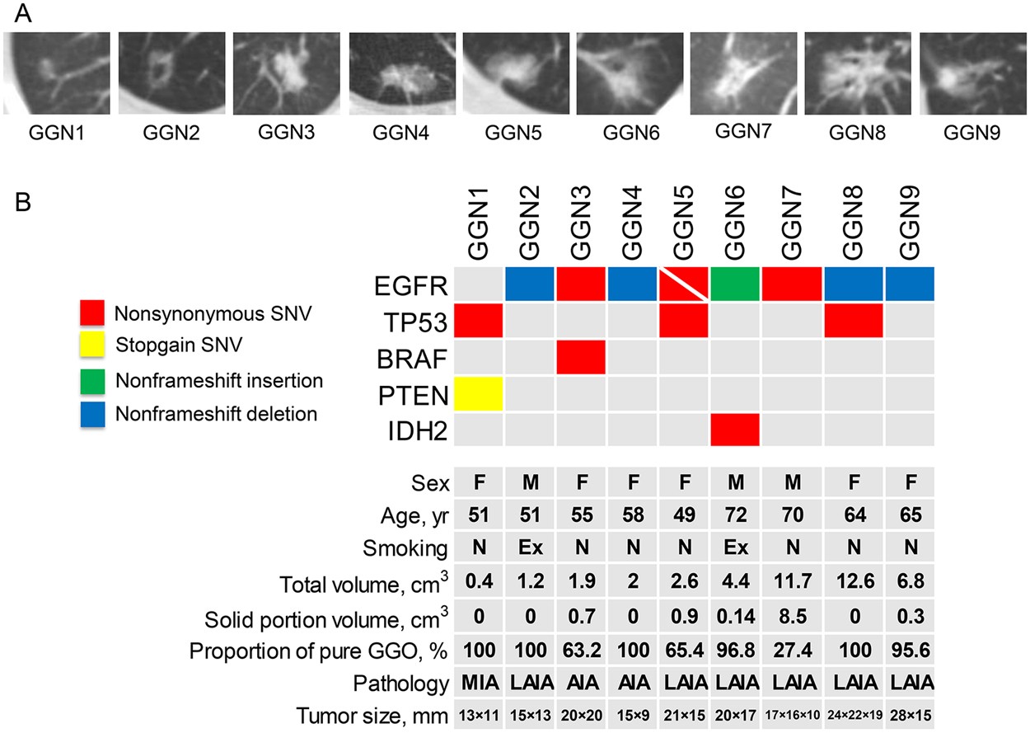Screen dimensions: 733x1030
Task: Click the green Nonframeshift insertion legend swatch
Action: click(x=95, y=380)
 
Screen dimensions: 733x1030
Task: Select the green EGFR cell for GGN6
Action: click(x=735, y=284)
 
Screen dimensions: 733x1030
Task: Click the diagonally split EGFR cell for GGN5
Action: click(x=683, y=284)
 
